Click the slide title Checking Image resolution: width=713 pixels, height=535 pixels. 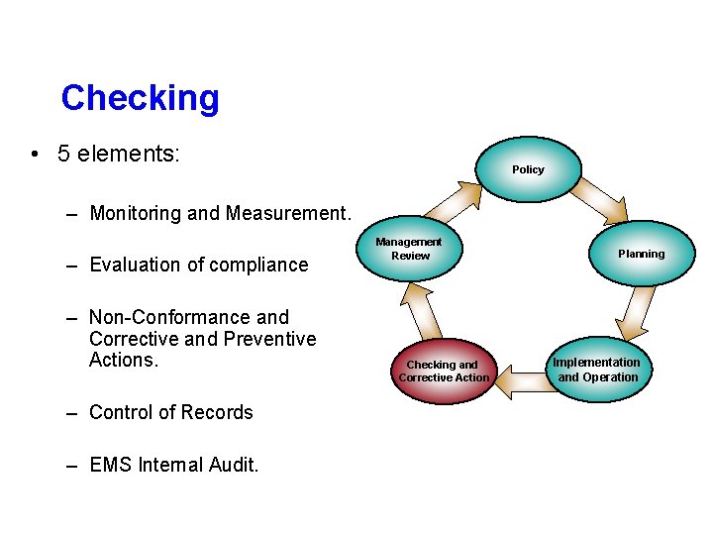[x=140, y=98]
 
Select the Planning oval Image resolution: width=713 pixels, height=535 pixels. [x=642, y=254]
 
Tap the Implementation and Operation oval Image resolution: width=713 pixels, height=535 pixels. [x=597, y=370]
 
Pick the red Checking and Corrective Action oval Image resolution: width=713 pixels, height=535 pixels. [x=444, y=371]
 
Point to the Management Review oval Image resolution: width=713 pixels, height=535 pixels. [x=410, y=250]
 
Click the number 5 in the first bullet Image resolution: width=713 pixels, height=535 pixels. [x=64, y=154]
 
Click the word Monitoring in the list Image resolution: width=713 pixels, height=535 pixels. [x=138, y=213]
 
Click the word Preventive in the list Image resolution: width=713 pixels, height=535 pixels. [x=269, y=339]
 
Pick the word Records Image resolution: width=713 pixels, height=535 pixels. [x=219, y=412]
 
